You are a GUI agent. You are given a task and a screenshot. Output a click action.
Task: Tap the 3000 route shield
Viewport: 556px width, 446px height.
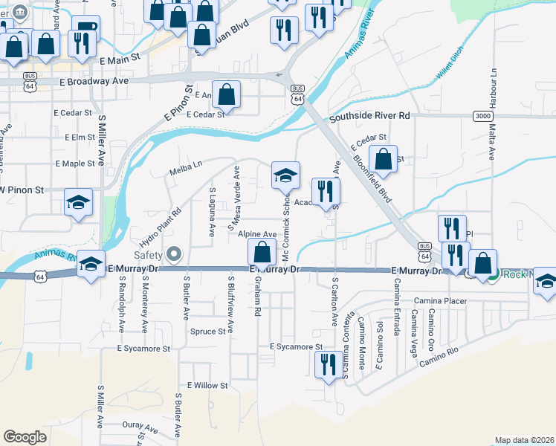tap(482, 116)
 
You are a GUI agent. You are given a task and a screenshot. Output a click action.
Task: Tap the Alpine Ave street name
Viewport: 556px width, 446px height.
tap(257, 234)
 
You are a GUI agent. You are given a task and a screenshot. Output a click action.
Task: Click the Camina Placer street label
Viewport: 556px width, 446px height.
tap(440, 300)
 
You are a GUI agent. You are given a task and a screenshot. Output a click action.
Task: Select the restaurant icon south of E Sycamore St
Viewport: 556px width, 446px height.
tap(325, 365)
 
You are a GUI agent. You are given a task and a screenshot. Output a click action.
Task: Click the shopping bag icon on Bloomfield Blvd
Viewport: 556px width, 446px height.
tap(383, 159)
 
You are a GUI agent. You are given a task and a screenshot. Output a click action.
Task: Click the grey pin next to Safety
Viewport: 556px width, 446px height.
tap(175, 255)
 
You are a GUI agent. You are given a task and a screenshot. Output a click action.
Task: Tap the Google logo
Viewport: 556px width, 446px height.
tap(25, 437)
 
